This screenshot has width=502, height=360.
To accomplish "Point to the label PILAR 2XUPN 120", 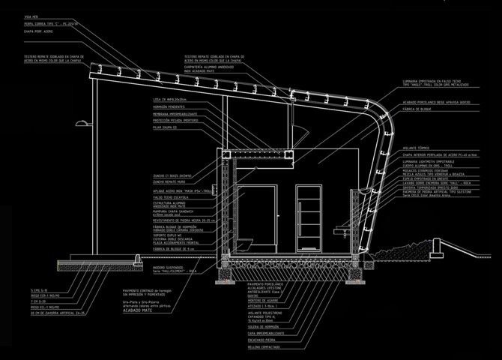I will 167,128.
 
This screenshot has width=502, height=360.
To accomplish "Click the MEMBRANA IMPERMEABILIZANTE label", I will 175,114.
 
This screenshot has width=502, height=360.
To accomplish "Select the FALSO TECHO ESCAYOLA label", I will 171,197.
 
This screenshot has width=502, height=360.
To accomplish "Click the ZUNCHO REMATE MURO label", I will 169,181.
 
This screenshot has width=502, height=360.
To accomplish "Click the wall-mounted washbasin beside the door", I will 342,226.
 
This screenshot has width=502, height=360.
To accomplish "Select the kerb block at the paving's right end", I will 136,259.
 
